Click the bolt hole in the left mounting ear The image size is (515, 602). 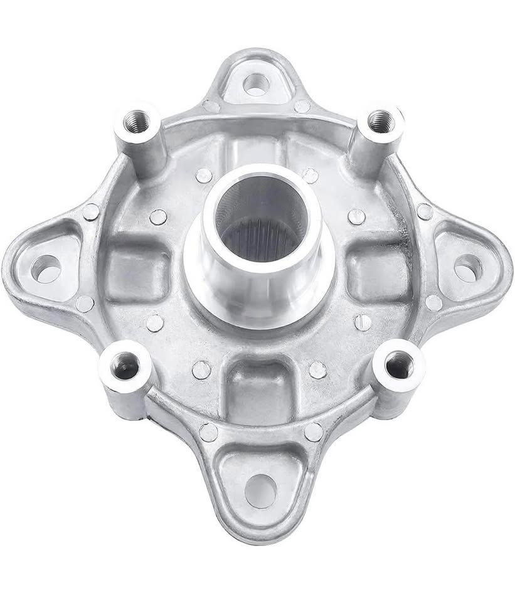click(x=45, y=268)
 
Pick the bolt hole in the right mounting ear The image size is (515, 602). click(x=467, y=268)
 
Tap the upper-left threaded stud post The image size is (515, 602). click(x=135, y=122)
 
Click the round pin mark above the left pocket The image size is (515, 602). click(x=158, y=217)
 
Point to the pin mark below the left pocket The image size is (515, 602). click(x=154, y=322)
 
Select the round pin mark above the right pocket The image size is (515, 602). click(x=356, y=216)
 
